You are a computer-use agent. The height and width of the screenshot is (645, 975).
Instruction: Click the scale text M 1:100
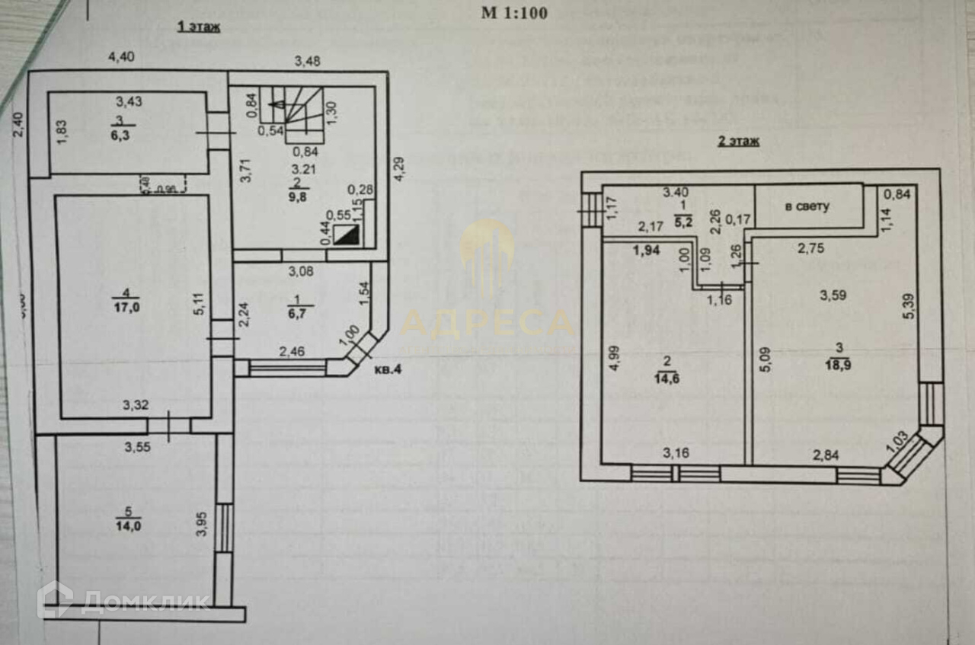point(514,12)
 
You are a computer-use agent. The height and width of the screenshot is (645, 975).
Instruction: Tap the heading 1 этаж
point(199,28)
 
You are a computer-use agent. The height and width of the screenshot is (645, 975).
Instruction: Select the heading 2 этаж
point(738,141)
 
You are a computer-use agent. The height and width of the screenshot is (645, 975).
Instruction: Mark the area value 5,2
point(682,222)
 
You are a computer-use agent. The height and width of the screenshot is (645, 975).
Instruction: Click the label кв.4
point(389,371)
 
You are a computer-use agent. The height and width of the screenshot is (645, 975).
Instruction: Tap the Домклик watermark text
point(145,602)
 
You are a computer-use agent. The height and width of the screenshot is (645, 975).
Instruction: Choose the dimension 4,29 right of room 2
point(398,168)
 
